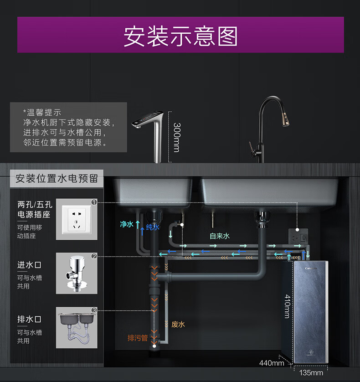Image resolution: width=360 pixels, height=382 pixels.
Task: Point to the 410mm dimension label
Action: [x=288, y=306]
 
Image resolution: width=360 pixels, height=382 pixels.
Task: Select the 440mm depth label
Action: [x=272, y=363]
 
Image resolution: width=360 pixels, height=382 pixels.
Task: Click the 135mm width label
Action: [x=311, y=372]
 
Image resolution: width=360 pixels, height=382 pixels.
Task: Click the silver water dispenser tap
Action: [x=150, y=132]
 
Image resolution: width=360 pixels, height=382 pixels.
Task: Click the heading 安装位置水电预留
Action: [x=57, y=178]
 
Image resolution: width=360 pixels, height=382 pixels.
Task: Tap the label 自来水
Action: [x=220, y=236]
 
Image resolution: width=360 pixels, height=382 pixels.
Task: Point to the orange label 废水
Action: [x=178, y=325]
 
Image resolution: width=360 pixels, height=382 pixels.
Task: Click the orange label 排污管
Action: [x=138, y=338]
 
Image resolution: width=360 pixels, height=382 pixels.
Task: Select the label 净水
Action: [x=126, y=224]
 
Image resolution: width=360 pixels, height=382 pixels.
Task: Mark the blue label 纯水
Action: [x=152, y=227]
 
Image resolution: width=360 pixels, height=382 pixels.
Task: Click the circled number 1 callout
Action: [x=94, y=202]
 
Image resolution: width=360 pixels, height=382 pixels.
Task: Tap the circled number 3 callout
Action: [x=94, y=310]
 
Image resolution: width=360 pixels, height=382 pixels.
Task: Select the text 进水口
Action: [x=30, y=265]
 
